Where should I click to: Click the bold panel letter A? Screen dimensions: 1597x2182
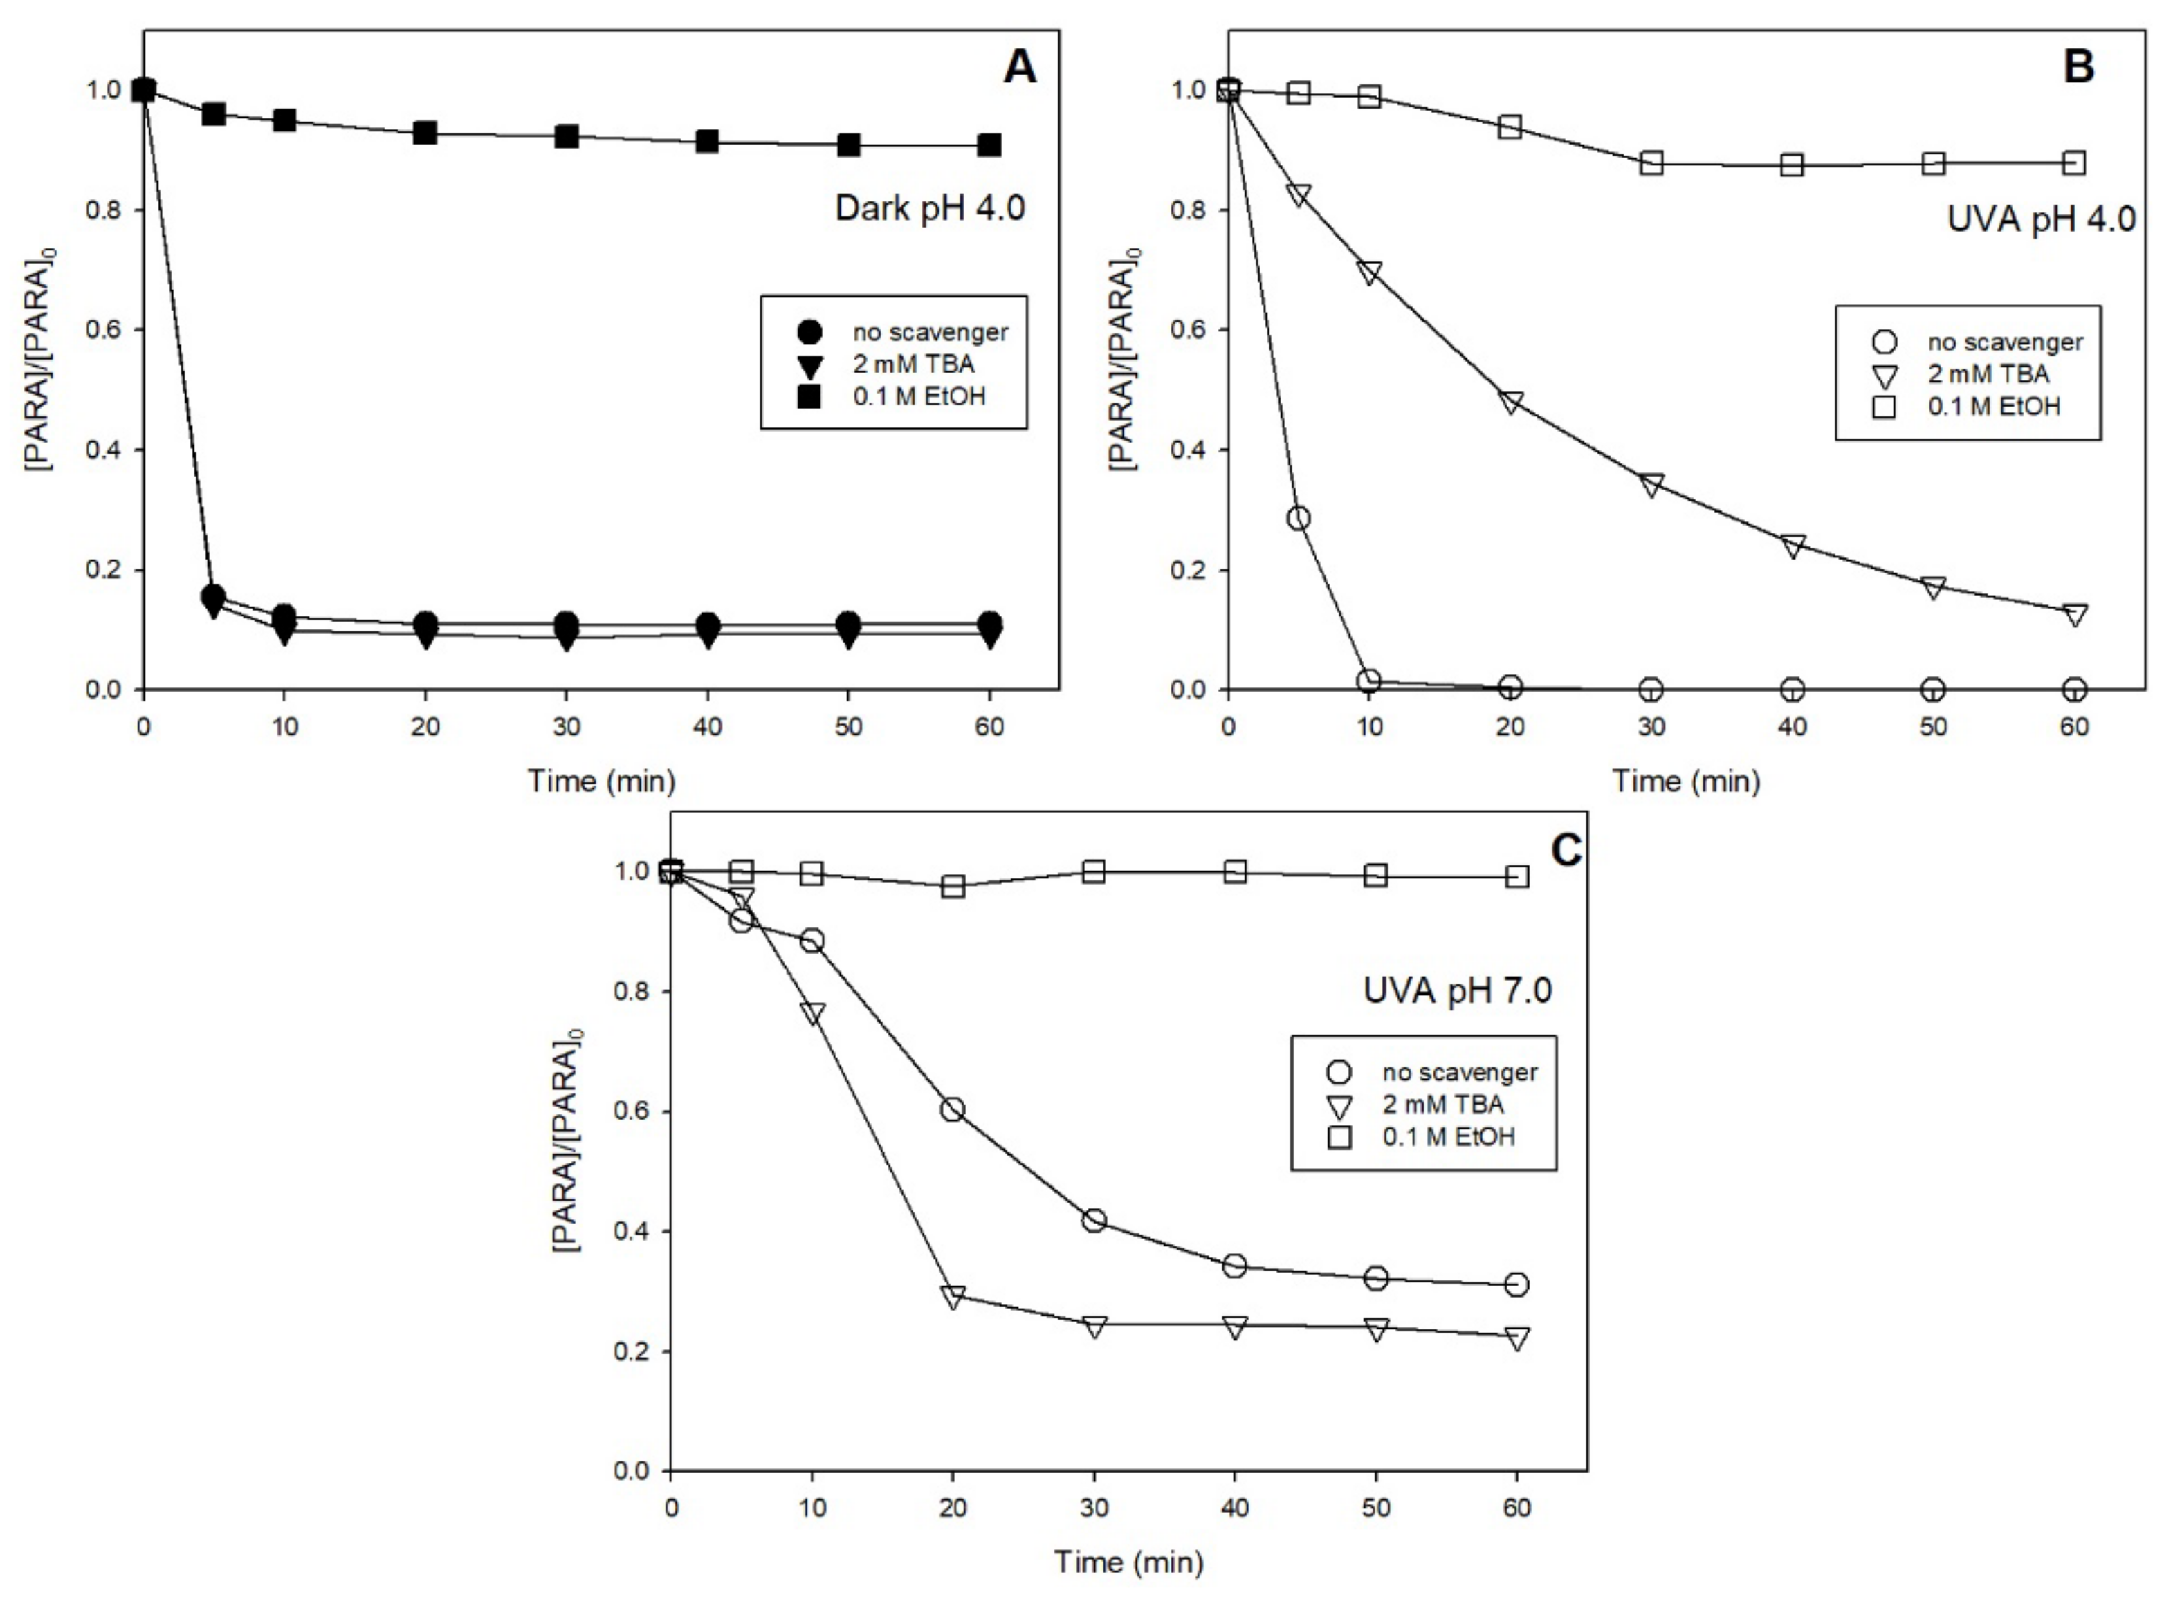tap(1019, 68)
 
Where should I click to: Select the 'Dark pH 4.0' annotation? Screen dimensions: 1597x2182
tap(929, 208)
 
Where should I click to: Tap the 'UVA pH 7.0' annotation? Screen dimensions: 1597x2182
tap(1457, 991)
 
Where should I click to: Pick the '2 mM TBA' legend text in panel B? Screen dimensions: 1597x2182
tap(1988, 374)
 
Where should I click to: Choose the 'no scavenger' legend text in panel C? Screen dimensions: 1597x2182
tap(1459, 1072)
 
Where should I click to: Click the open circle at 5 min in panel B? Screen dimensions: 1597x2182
tap(1299, 518)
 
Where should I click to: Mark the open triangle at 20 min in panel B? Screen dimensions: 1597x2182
tap(1510, 401)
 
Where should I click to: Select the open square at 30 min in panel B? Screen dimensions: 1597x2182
tap(1651, 163)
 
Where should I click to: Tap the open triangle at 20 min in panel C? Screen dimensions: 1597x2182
tap(952, 1296)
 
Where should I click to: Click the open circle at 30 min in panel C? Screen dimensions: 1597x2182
tap(1093, 1220)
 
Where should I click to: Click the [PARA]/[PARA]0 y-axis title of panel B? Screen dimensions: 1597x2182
tap(1124, 360)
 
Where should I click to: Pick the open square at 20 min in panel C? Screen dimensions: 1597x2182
tap(952, 885)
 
